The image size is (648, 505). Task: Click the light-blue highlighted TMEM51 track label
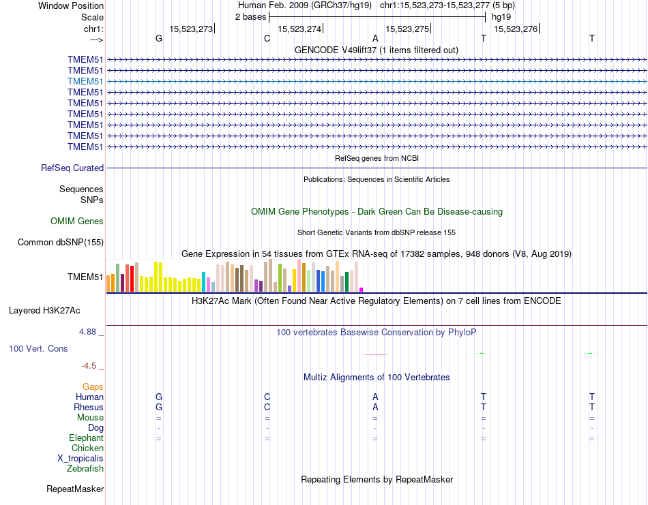click(85, 81)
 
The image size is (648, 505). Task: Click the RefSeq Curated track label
click(72, 168)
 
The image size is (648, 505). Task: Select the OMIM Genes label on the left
click(77, 221)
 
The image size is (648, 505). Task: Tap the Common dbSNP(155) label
click(61, 242)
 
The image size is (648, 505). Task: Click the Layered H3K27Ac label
click(44, 311)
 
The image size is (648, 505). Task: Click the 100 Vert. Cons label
click(38, 348)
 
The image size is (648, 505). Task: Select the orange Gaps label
click(93, 386)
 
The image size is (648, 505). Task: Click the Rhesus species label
click(89, 407)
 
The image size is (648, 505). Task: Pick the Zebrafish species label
click(85, 468)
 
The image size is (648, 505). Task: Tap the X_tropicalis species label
click(80, 458)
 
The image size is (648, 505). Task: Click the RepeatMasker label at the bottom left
click(75, 489)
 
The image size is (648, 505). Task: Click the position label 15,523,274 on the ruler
click(299, 29)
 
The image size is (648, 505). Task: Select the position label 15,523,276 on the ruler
click(516, 29)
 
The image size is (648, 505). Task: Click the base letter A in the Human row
click(375, 397)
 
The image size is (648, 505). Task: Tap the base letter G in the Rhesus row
click(159, 407)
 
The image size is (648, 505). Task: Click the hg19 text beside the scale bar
click(501, 16)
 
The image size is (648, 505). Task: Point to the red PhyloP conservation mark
click(375, 354)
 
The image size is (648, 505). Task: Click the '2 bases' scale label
click(251, 16)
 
